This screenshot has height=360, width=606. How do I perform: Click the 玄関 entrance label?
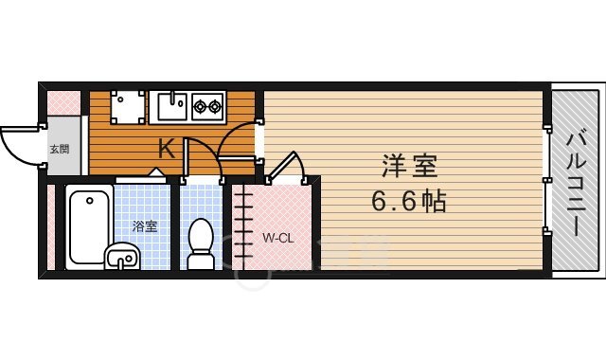(59, 149)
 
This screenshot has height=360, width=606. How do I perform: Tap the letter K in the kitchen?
(166, 149)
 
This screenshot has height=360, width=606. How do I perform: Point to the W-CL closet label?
(277, 237)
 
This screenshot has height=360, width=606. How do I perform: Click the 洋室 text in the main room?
(409, 168)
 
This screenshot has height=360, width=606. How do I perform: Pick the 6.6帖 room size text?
(408, 201)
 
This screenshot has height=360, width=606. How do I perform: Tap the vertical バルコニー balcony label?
(576, 186)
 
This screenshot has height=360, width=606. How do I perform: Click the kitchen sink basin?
(171, 107)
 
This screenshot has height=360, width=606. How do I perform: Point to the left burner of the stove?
(201, 107)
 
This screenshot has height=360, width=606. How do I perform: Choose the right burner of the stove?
(215, 107)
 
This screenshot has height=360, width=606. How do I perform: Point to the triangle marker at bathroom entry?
(157, 172)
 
